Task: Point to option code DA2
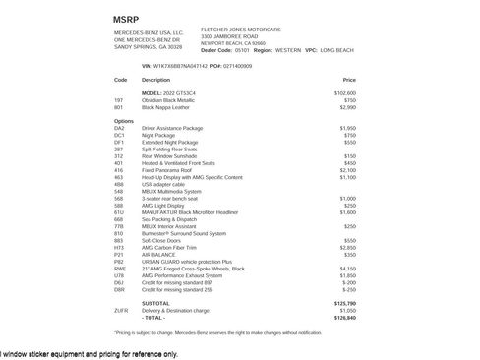(119, 128)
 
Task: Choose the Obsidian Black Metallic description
(168, 99)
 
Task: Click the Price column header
(349, 79)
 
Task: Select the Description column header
(155, 79)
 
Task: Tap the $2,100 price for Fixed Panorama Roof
(348, 170)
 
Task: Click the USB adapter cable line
(165, 184)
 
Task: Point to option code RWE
(119, 268)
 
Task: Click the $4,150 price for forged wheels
(348, 268)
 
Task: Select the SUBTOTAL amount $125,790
(344, 303)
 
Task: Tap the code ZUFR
(121, 310)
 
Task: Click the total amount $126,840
(344, 317)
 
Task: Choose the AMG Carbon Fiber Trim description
(173, 247)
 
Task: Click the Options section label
(123, 120)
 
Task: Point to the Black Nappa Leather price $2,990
(348, 106)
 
